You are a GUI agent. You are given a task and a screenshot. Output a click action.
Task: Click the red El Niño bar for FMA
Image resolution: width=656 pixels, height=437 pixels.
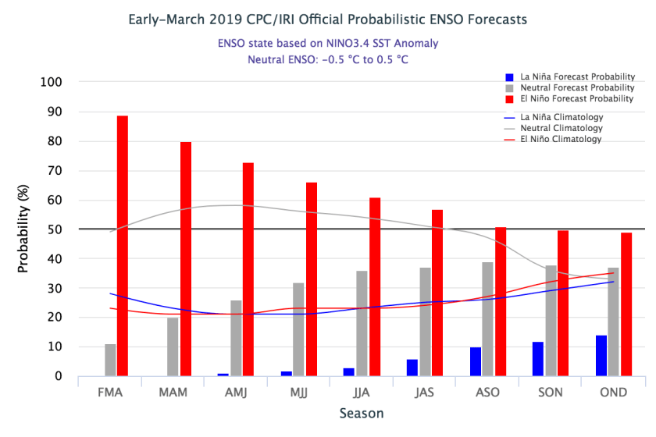point(123,246)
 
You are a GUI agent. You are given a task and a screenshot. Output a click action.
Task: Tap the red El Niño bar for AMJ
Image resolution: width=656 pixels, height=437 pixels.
point(248,269)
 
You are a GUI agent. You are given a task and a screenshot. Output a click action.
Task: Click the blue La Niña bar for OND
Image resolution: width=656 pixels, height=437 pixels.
point(601,356)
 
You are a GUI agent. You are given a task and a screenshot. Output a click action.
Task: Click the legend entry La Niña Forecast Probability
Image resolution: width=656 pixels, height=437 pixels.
point(569,77)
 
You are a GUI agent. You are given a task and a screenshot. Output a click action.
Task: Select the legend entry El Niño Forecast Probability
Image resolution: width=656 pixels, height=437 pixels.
point(569,99)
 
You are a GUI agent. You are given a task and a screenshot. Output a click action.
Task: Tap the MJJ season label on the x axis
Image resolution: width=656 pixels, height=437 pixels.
point(298,392)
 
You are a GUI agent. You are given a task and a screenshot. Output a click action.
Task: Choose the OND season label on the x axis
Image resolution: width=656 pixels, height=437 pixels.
point(613,392)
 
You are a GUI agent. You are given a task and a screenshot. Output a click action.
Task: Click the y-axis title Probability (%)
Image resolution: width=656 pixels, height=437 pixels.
point(23,229)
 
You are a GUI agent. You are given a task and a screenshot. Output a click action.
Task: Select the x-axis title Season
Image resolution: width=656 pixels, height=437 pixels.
point(362,413)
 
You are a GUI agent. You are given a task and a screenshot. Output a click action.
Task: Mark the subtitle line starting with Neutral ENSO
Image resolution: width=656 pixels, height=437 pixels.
point(328,59)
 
